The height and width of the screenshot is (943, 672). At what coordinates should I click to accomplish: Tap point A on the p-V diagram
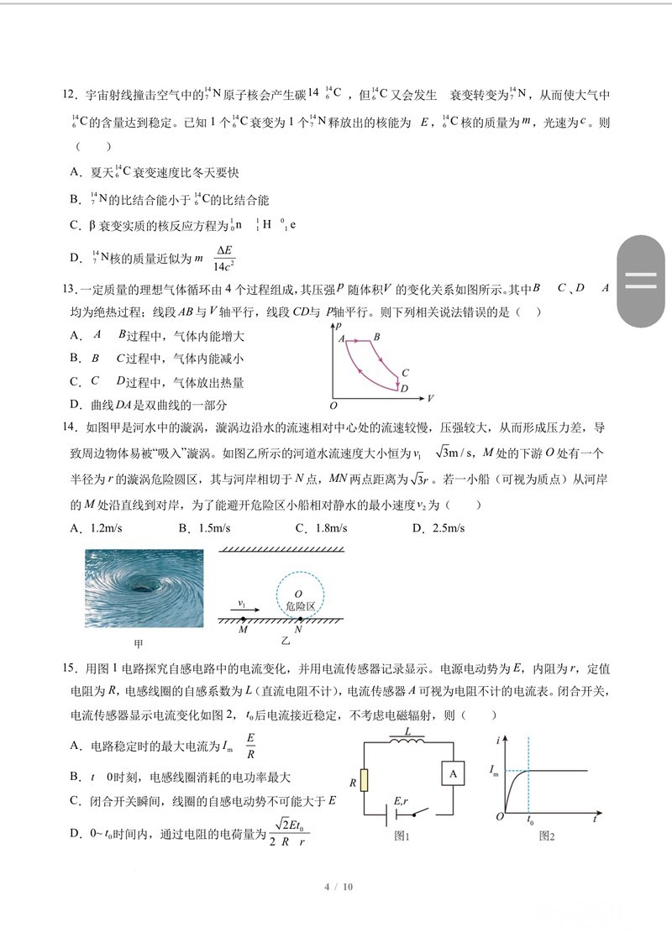coord(342,338)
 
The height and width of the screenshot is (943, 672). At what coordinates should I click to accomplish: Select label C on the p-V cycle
coord(405,373)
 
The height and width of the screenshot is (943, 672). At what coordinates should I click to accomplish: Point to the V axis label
coord(430,397)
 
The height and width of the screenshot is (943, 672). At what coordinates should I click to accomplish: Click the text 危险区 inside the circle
coord(299,606)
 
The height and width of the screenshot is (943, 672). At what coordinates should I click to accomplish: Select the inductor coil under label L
coord(408,741)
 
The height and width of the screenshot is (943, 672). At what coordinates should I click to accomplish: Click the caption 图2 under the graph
coord(547,836)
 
